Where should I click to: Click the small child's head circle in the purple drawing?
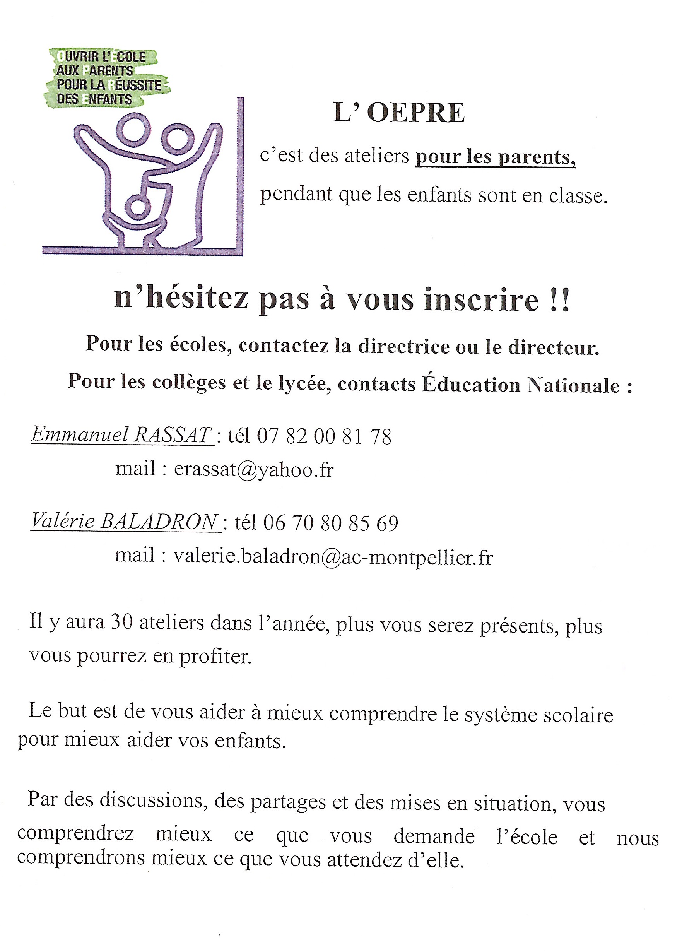tap(137, 206)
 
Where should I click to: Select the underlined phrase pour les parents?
tap(495, 157)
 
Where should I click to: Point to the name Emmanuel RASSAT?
tap(121, 434)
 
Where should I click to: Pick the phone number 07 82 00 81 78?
tap(324, 436)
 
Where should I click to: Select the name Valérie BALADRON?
tap(125, 521)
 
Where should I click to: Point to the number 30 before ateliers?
tap(121, 622)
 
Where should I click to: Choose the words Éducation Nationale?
tap(521, 385)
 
